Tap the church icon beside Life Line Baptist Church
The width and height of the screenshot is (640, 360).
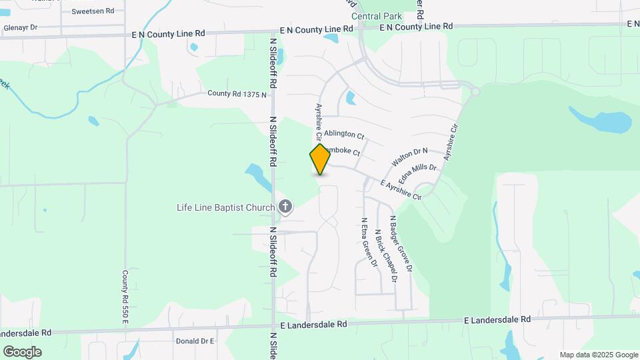[285, 207]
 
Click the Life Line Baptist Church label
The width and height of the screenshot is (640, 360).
[225, 207]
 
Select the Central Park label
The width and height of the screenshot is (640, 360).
[376, 17]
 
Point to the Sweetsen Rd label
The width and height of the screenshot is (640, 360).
[93, 11]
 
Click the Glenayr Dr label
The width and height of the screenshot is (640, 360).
[21, 28]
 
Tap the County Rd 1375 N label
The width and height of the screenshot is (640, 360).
[237, 95]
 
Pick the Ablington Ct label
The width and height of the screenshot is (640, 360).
[344, 134]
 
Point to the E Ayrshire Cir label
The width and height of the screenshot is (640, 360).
[401, 190]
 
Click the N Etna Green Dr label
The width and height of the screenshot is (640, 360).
[368, 241]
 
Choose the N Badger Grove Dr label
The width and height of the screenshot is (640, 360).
[401, 244]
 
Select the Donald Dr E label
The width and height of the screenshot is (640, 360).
[194, 341]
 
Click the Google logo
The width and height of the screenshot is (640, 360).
[22, 352]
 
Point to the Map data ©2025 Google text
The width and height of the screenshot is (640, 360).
[599, 355]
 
